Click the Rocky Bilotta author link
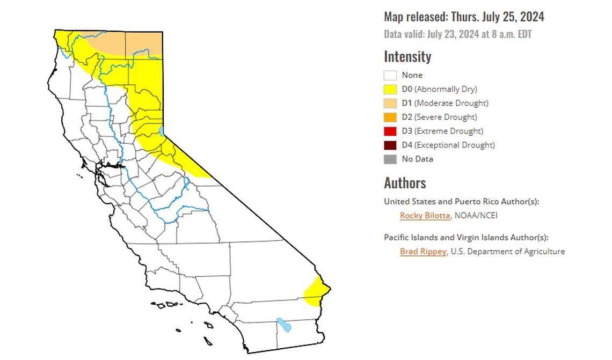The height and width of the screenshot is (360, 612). [x=425, y=216]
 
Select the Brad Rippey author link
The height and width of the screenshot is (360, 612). [x=423, y=251]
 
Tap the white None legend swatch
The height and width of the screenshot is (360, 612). [x=390, y=76]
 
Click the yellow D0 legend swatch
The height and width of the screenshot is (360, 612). [x=390, y=90]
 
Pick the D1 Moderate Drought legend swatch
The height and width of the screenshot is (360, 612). [x=390, y=104]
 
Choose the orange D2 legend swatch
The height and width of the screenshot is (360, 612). [x=390, y=117]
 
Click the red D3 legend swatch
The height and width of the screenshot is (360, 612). [x=390, y=131]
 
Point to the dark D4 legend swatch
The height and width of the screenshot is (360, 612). [x=390, y=145]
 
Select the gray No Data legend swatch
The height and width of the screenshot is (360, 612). [x=390, y=159]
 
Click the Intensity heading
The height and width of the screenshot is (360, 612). [x=407, y=56]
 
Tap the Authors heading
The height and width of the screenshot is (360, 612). [x=405, y=183]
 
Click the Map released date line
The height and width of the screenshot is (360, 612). [x=464, y=17]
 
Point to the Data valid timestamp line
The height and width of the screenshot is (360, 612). [x=457, y=34]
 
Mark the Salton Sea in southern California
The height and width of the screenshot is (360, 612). [x=283, y=325]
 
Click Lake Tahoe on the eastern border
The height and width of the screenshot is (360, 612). [x=162, y=131]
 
